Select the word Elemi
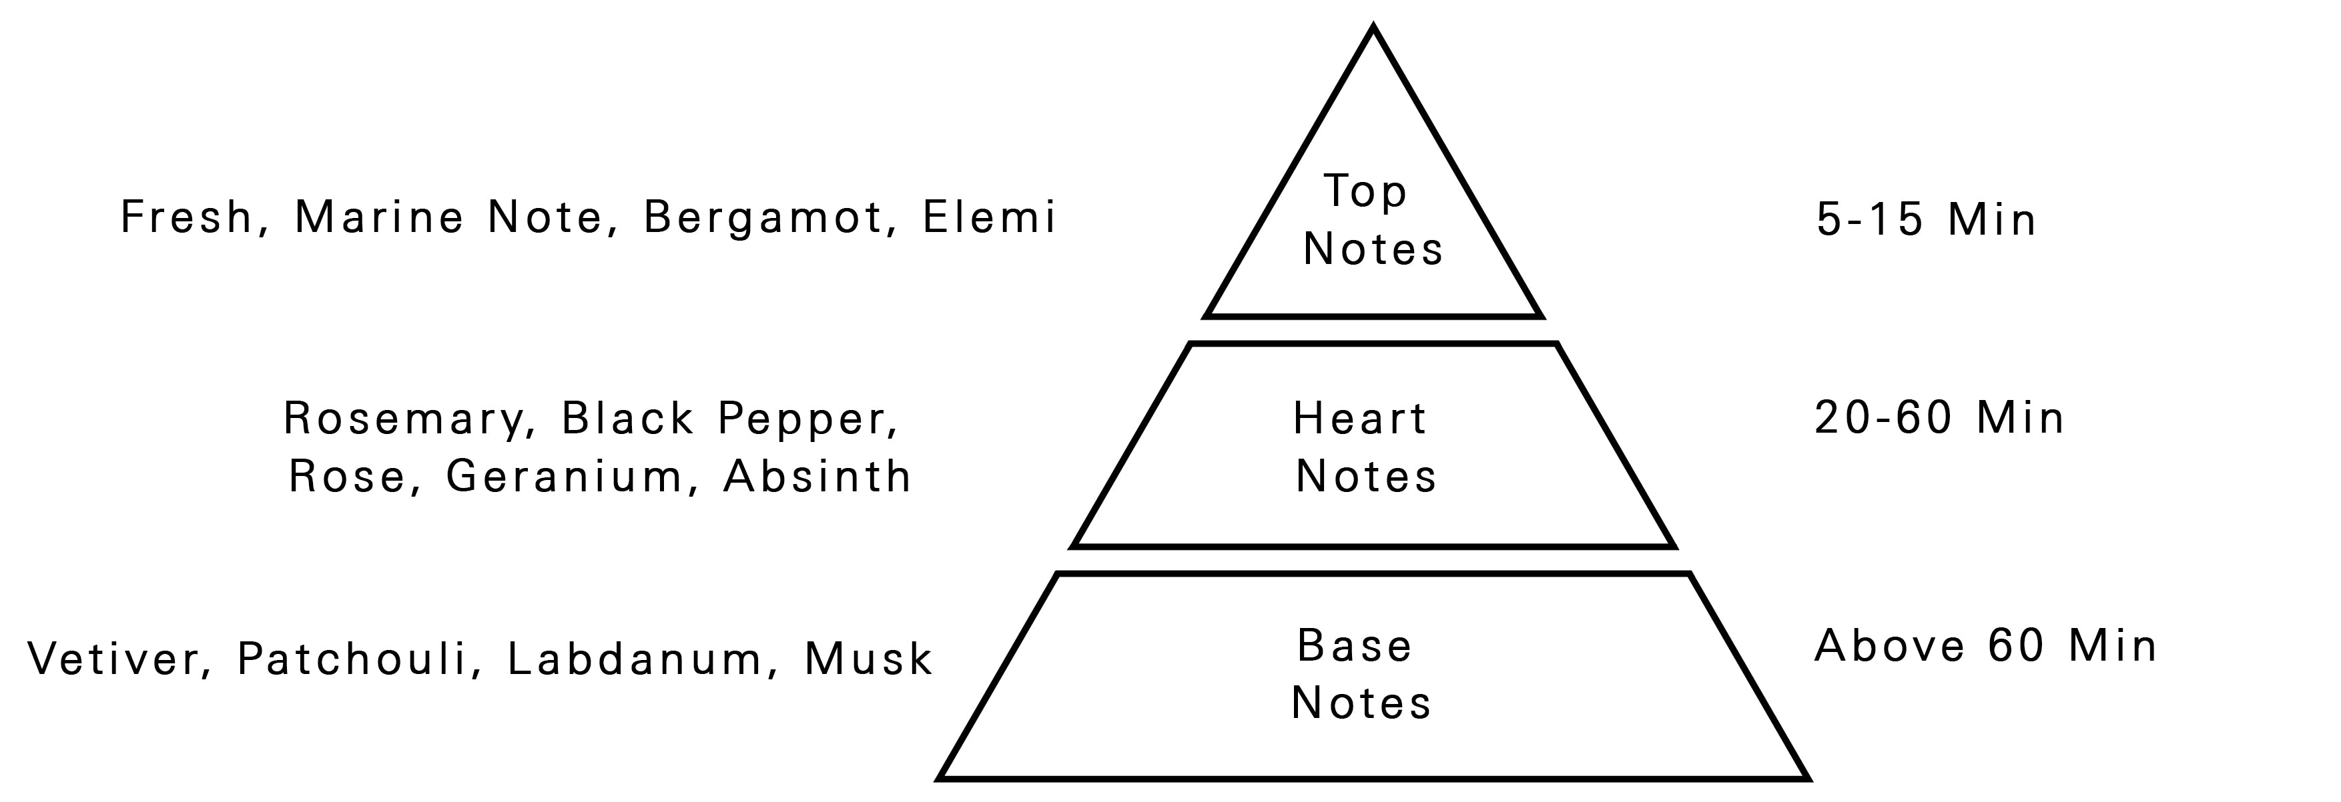tap(989, 218)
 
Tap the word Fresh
tap(186, 218)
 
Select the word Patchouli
tap(352, 659)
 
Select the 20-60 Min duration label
tap(1939, 419)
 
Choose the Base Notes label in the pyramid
tap(1359, 675)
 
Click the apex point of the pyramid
tap(1373, 29)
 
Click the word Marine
tap(379, 218)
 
